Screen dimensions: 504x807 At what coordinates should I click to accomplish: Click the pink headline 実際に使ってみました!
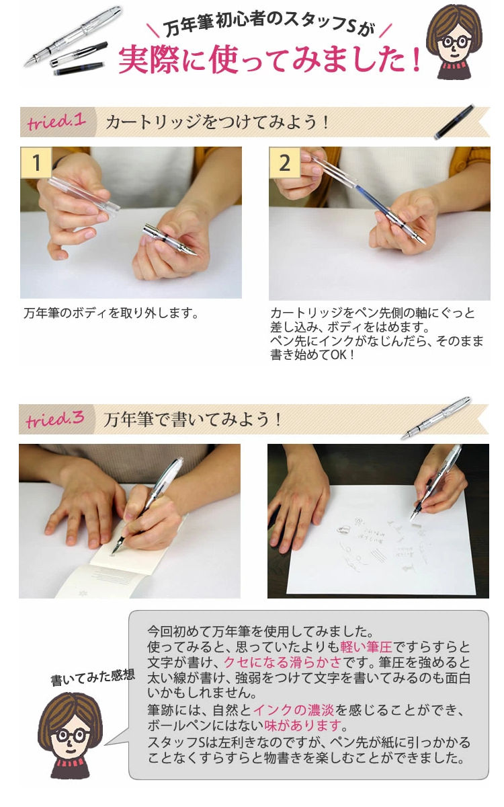click(269, 59)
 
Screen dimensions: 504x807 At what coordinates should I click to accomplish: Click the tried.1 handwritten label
click(56, 122)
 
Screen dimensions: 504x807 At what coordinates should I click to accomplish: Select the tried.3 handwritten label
click(55, 420)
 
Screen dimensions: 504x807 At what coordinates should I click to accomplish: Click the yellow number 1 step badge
click(36, 163)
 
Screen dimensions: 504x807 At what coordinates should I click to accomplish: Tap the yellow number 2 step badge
click(285, 163)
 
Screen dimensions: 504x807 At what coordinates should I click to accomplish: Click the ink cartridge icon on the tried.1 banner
click(456, 122)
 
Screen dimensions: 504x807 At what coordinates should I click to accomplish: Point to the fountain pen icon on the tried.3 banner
click(436, 418)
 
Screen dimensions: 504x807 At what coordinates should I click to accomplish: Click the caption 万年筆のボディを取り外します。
click(111, 313)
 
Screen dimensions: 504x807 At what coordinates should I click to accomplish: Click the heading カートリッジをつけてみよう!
click(218, 122)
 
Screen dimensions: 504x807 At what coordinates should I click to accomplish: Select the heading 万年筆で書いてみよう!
click(192, 420)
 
